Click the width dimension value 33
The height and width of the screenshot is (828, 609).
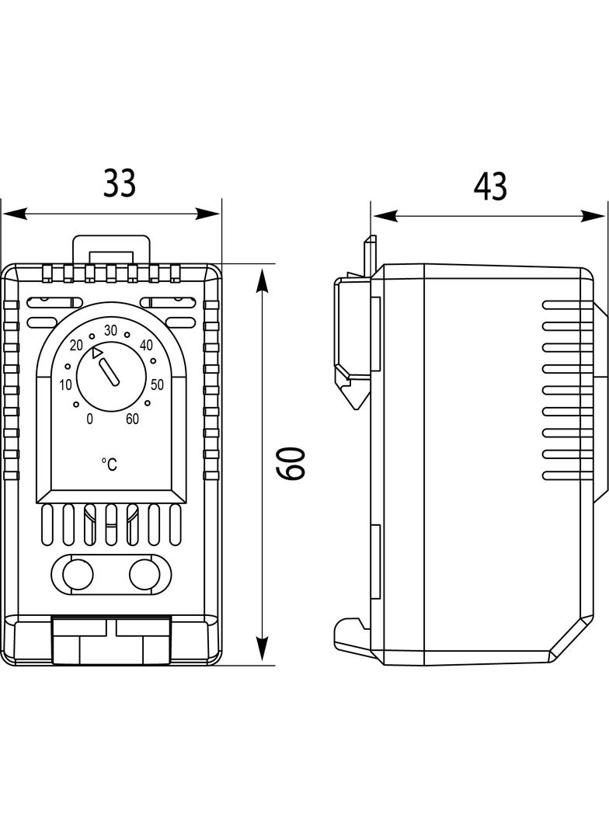pos(120,183)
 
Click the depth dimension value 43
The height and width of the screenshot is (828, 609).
pos(490,187)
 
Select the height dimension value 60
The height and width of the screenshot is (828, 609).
pos(292,464)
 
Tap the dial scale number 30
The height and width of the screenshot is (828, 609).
pos(110,330)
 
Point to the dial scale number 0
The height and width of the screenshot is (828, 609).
pos(90,419)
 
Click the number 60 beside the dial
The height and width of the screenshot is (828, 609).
pos(132,419)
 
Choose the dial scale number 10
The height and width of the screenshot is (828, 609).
pos(65,384)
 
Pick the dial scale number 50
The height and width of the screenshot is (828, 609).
pos(157,384)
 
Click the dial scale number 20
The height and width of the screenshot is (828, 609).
pos(76,345)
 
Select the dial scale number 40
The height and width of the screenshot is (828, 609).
pos(145,345)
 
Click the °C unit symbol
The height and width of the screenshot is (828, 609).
pos(110,464)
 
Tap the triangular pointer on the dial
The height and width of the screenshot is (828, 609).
pos(96,353)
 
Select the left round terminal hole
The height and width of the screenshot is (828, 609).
pos(76,575)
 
